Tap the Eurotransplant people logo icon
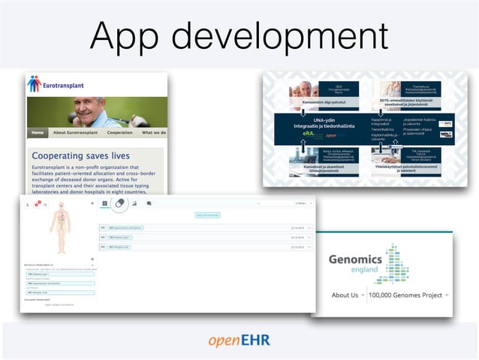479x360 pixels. click(x=34, y=84)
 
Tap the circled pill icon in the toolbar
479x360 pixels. click(x=119, y=203)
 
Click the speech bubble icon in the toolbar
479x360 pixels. click(x=149, y=203)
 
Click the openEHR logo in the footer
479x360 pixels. click(x=239, y=340)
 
